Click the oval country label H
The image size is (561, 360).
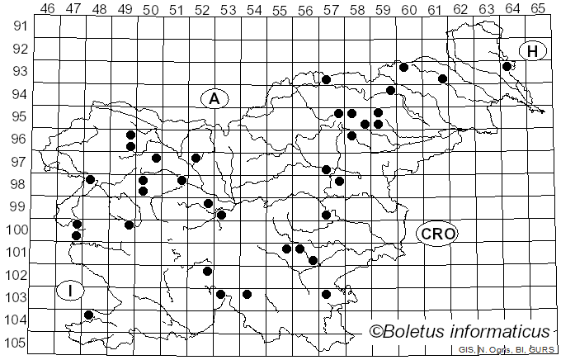533,52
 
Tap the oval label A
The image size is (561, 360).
214,98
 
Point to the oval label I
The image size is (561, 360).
71,291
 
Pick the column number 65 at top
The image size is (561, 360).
537,8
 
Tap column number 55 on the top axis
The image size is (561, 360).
280,8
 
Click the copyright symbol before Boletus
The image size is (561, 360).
375,332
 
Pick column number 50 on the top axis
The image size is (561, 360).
150,8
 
